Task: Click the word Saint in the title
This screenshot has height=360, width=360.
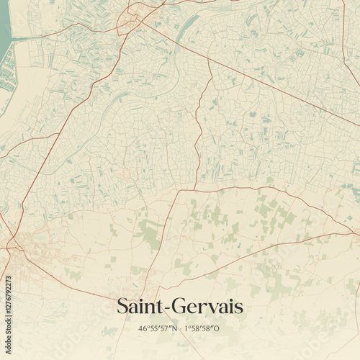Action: (x=140, y=307)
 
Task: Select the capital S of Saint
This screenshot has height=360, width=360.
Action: (x=122, y=307)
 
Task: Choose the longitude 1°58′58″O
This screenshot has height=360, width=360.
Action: (x=202, y=328)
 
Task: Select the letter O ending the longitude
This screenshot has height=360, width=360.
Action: (x=217, y=328)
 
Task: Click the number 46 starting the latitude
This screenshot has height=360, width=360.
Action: (x=142, y=328)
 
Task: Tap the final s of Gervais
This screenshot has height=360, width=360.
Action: (x=238, y=308)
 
